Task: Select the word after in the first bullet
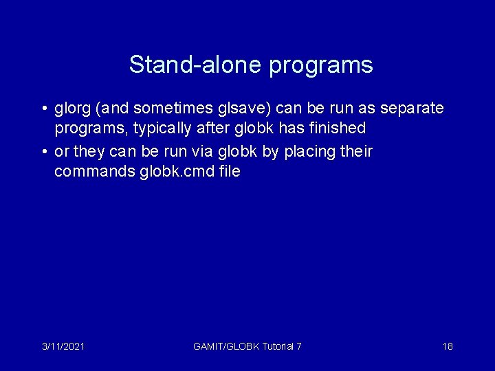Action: (197, 128)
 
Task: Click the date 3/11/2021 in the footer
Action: (63, 346)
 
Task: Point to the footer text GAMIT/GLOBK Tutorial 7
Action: (247, 346)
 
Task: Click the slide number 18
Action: (448, 346)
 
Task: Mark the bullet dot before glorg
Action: (43, 109)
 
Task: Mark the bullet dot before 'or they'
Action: (43, 151)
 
